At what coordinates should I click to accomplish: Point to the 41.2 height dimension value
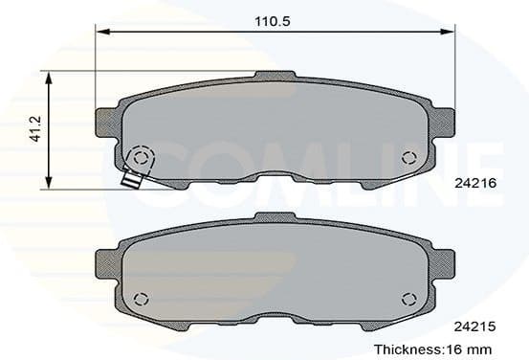[35, 129]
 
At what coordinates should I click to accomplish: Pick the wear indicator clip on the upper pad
[131, 178]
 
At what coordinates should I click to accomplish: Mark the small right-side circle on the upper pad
[408, 158]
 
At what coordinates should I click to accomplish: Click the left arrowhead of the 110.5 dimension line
[99, 33]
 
